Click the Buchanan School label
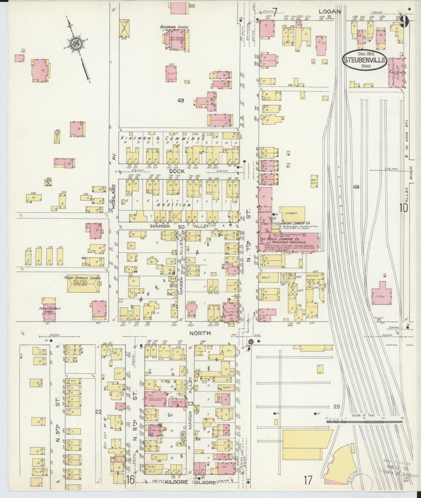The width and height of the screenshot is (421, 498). tap(174, 27)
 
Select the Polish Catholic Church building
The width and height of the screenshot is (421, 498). tap(84, 284)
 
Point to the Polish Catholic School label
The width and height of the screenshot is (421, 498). tap(49, 310)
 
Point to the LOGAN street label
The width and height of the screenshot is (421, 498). tap(330, 12)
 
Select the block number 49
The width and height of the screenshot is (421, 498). tap(181, 101)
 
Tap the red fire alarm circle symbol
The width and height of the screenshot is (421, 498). tap(251, 341)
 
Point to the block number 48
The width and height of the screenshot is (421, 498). tap(356, 187)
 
